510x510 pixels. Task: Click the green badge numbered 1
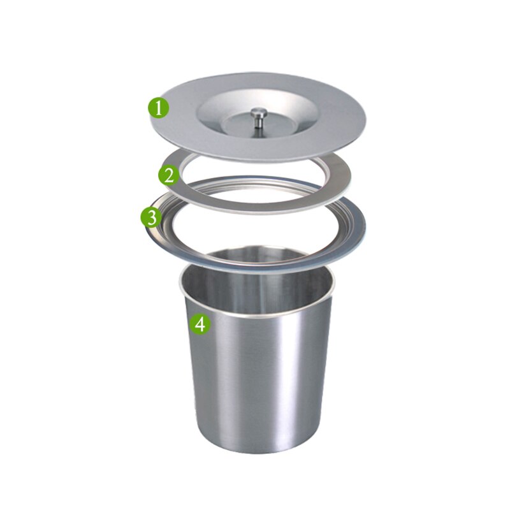click(x=159, y=107)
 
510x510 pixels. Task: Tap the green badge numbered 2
click(x=169, y=175)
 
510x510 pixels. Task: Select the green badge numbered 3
click(x=151, y=217)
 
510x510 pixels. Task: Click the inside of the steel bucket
click(x=255, y=280)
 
